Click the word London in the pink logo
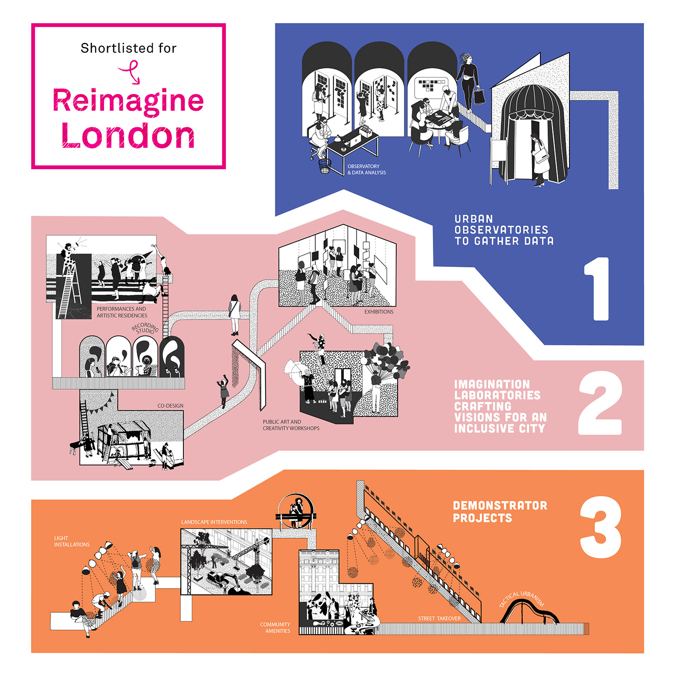click(129, 136)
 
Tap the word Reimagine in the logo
click(129, 101)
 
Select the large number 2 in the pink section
click(600, 403)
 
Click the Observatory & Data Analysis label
click(366, 170)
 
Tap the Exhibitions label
click(378, 312)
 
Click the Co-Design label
click(170, 406)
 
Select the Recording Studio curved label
click(145, 328)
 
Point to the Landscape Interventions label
click(214, 522)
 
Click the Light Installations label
click(71, 541)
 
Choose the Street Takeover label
click(439, 619)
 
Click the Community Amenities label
click(275, 628)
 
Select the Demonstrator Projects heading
click(499, 511)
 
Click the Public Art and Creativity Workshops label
click(291, 425)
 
